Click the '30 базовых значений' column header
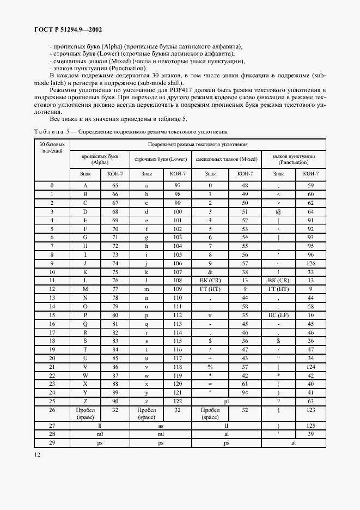pos(52,148)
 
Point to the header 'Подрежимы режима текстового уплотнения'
pos(198,144)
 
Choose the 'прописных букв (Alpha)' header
pos(100,159)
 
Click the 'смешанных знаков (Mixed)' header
pos(226,159)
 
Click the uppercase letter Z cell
pos(85,401)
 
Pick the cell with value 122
pos(178,401)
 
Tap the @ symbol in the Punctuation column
pos(278,211)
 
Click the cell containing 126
pos(310,264)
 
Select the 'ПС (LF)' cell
pos(278,315)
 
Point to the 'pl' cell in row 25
pos(226,401)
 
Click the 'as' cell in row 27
pos(161,425)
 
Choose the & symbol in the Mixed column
pos(210,272)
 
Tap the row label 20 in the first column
pos(52,358)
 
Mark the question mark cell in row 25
pos(278,401)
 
